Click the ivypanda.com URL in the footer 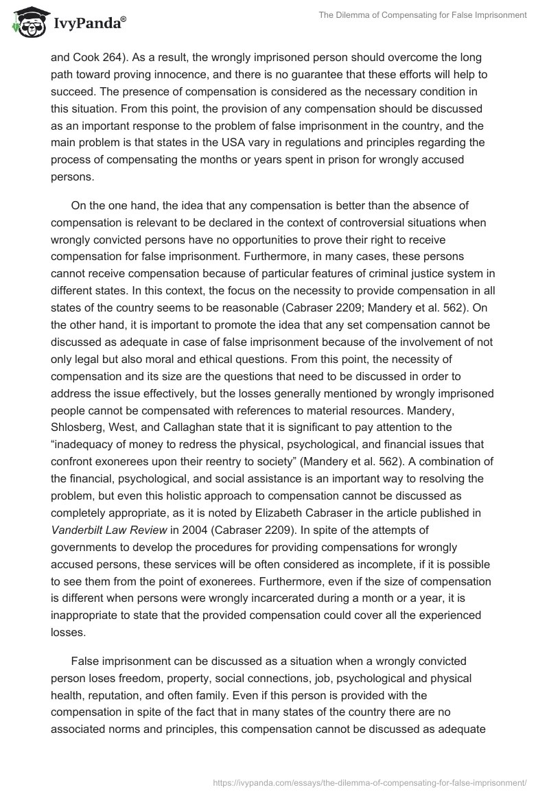(371, 781)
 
